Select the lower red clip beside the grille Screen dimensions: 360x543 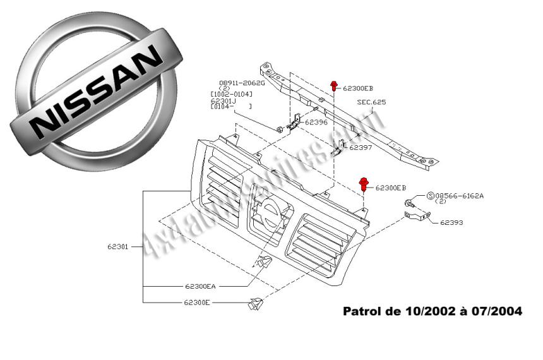click(x=364, y=184)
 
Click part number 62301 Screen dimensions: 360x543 click(x=118, y=247)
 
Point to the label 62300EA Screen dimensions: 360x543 click(x=200, y=286)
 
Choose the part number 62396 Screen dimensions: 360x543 click(x=316, y=122)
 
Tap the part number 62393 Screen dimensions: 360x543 click(x=452, y=222)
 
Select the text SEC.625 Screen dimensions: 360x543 click(x=371, y=102)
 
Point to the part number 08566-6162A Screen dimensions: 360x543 click(x=461, y=196)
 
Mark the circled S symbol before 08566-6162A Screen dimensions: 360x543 click(x=431, y=196)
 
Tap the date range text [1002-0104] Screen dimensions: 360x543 click(x=231, y=94)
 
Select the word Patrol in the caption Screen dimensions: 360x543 click(x=361, y=311)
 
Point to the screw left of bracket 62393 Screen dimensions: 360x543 click(x=410, y=203)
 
